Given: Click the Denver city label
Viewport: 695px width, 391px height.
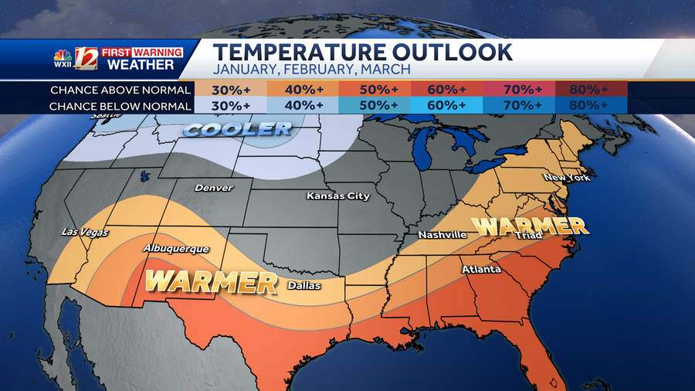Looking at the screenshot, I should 213,188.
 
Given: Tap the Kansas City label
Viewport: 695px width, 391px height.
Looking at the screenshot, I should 338,196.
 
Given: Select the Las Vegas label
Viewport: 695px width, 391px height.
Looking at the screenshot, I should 86,233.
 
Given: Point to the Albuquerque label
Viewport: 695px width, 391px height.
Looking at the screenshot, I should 176,249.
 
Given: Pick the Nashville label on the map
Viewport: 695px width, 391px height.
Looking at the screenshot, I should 442,234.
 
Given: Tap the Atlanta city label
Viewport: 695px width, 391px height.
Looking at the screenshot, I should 481,270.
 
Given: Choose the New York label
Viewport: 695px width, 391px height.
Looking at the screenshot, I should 567,178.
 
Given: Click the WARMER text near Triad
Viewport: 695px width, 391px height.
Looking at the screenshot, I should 531,226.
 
